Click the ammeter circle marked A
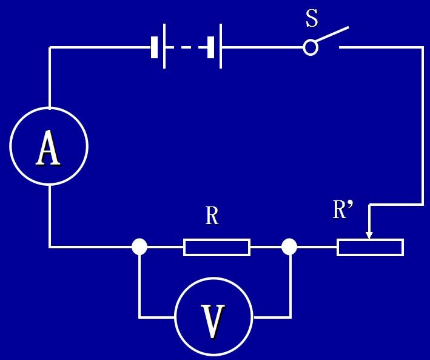click(10, 146)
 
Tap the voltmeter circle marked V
click(175, 317)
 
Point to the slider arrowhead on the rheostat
click(369, 236)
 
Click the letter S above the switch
click(312, 18)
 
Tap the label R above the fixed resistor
click(212, 216)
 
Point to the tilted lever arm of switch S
click(332, 35)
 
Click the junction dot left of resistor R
click(139, 246)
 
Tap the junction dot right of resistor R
click(289, 246)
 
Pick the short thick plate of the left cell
click(155, 47)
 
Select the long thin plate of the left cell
click(164, 46)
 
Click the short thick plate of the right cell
click(210, 47)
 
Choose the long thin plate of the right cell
click(221, 46)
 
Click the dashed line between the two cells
click(186, 47)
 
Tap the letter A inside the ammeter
click(48, 148)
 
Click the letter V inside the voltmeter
click(213, 321)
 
